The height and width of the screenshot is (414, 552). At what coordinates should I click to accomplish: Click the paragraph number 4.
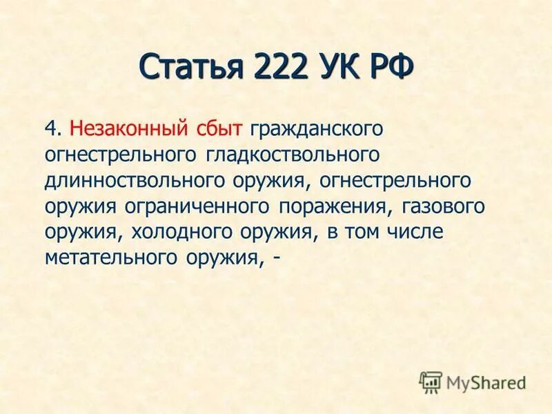click(52, 128)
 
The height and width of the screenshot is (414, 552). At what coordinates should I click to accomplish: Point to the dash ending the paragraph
click(277, 259)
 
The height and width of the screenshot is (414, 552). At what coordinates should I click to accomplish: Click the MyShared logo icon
click(431, 381)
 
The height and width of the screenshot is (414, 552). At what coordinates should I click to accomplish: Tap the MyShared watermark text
click(486, 382)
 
